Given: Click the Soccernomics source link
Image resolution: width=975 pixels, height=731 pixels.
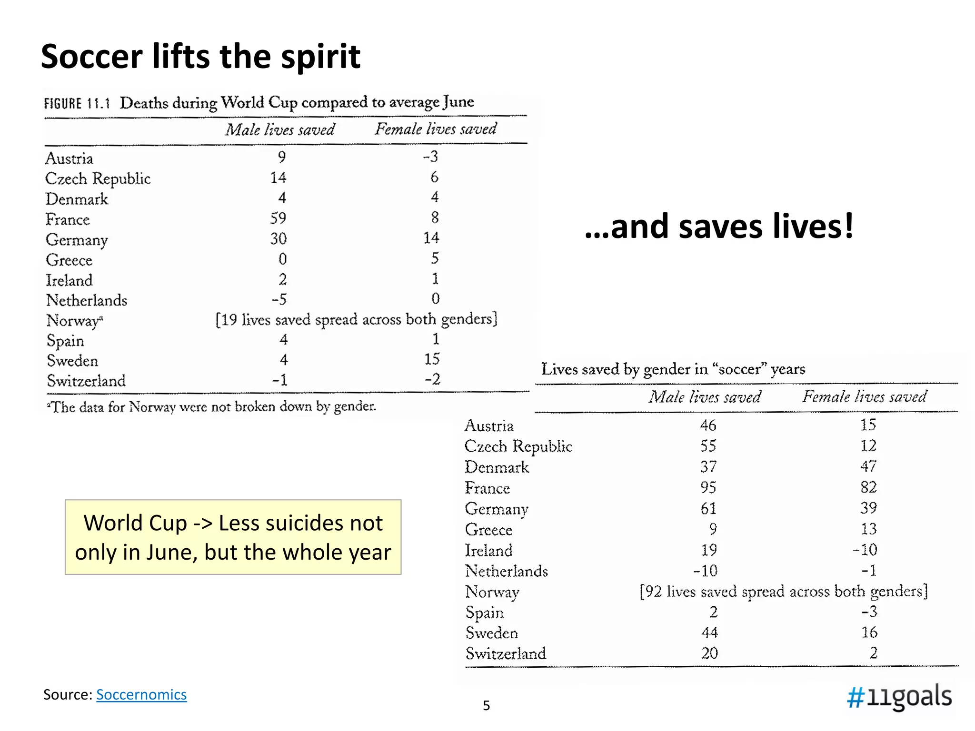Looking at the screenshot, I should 141,694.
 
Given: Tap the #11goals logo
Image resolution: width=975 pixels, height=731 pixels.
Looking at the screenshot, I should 899,697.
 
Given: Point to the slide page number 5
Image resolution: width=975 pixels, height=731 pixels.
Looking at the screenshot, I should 486,705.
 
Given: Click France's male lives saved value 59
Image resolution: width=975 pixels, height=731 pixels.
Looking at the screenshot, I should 279,218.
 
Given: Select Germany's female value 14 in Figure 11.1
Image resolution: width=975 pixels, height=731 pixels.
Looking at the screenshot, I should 431,237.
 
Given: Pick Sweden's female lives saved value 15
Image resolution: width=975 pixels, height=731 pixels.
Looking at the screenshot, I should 432,359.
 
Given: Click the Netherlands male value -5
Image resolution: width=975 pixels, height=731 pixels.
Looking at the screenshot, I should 279,299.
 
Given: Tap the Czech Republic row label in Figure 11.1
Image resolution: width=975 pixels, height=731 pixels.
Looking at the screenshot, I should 98,178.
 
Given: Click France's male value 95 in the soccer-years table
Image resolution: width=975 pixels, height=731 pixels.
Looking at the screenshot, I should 708,487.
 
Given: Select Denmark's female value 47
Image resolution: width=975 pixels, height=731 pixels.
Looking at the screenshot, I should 868,466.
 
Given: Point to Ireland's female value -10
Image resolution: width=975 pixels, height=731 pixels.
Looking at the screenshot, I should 865,550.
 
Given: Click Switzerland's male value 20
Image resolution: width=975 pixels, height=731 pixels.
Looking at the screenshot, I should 709,653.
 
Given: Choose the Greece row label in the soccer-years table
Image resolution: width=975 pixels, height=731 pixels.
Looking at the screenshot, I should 488,529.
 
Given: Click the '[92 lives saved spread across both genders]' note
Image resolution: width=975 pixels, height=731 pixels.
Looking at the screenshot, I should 784,591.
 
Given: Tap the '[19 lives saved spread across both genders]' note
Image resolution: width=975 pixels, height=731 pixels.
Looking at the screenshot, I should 356,319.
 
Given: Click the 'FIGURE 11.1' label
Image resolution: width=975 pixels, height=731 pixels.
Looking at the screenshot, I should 77,103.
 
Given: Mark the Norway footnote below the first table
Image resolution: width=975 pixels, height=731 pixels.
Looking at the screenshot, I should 211,406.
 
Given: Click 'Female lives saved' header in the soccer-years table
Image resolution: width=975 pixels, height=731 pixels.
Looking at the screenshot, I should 864,396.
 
